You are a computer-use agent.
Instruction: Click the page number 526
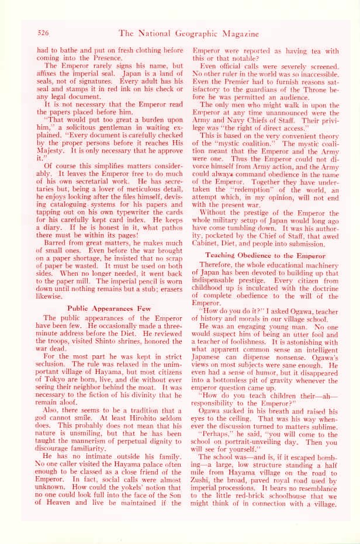(x=46, y=32)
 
